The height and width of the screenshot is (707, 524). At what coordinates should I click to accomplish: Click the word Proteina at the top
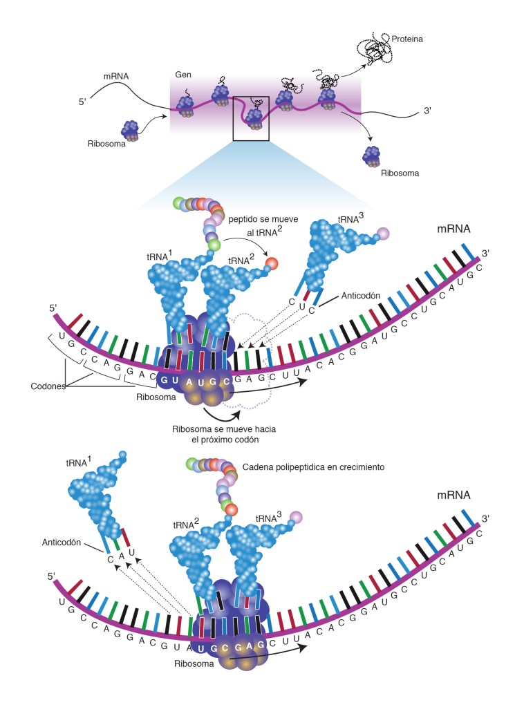406,39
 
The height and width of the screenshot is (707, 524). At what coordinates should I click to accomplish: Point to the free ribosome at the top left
131,129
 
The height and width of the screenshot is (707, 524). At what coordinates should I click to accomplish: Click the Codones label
47,386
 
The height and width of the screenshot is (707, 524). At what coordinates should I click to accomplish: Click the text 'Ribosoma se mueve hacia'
220,429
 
